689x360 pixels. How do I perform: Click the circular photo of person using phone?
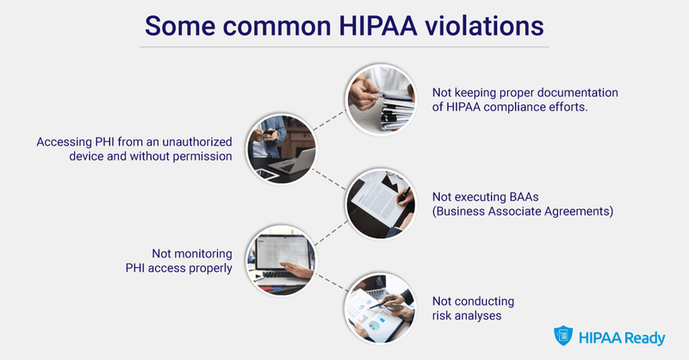[x=281, y=148]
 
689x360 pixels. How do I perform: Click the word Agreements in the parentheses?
[x=573, y=212]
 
